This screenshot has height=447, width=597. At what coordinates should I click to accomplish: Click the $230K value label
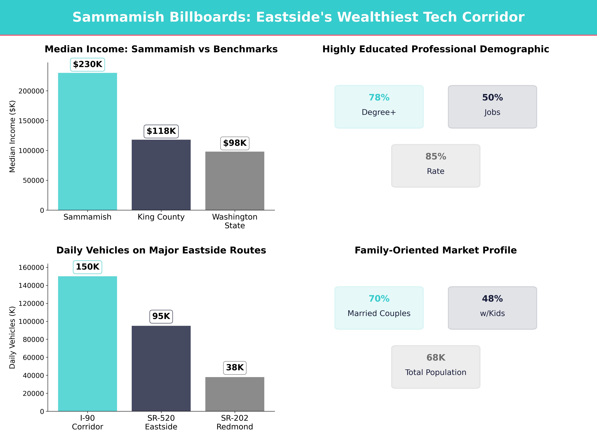(87, 64)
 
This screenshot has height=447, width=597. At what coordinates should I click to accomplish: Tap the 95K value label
(161, 316)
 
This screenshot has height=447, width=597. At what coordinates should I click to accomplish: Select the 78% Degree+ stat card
(379, 107)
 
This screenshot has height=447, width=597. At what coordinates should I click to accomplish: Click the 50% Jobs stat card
(492, 107)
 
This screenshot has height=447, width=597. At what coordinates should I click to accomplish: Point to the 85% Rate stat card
(436, 166)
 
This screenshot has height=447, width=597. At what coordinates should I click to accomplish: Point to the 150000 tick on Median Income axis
(31, 121)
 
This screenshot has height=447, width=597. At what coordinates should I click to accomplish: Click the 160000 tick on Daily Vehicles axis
(31, 268)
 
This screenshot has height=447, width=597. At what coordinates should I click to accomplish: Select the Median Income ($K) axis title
(12, 136)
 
